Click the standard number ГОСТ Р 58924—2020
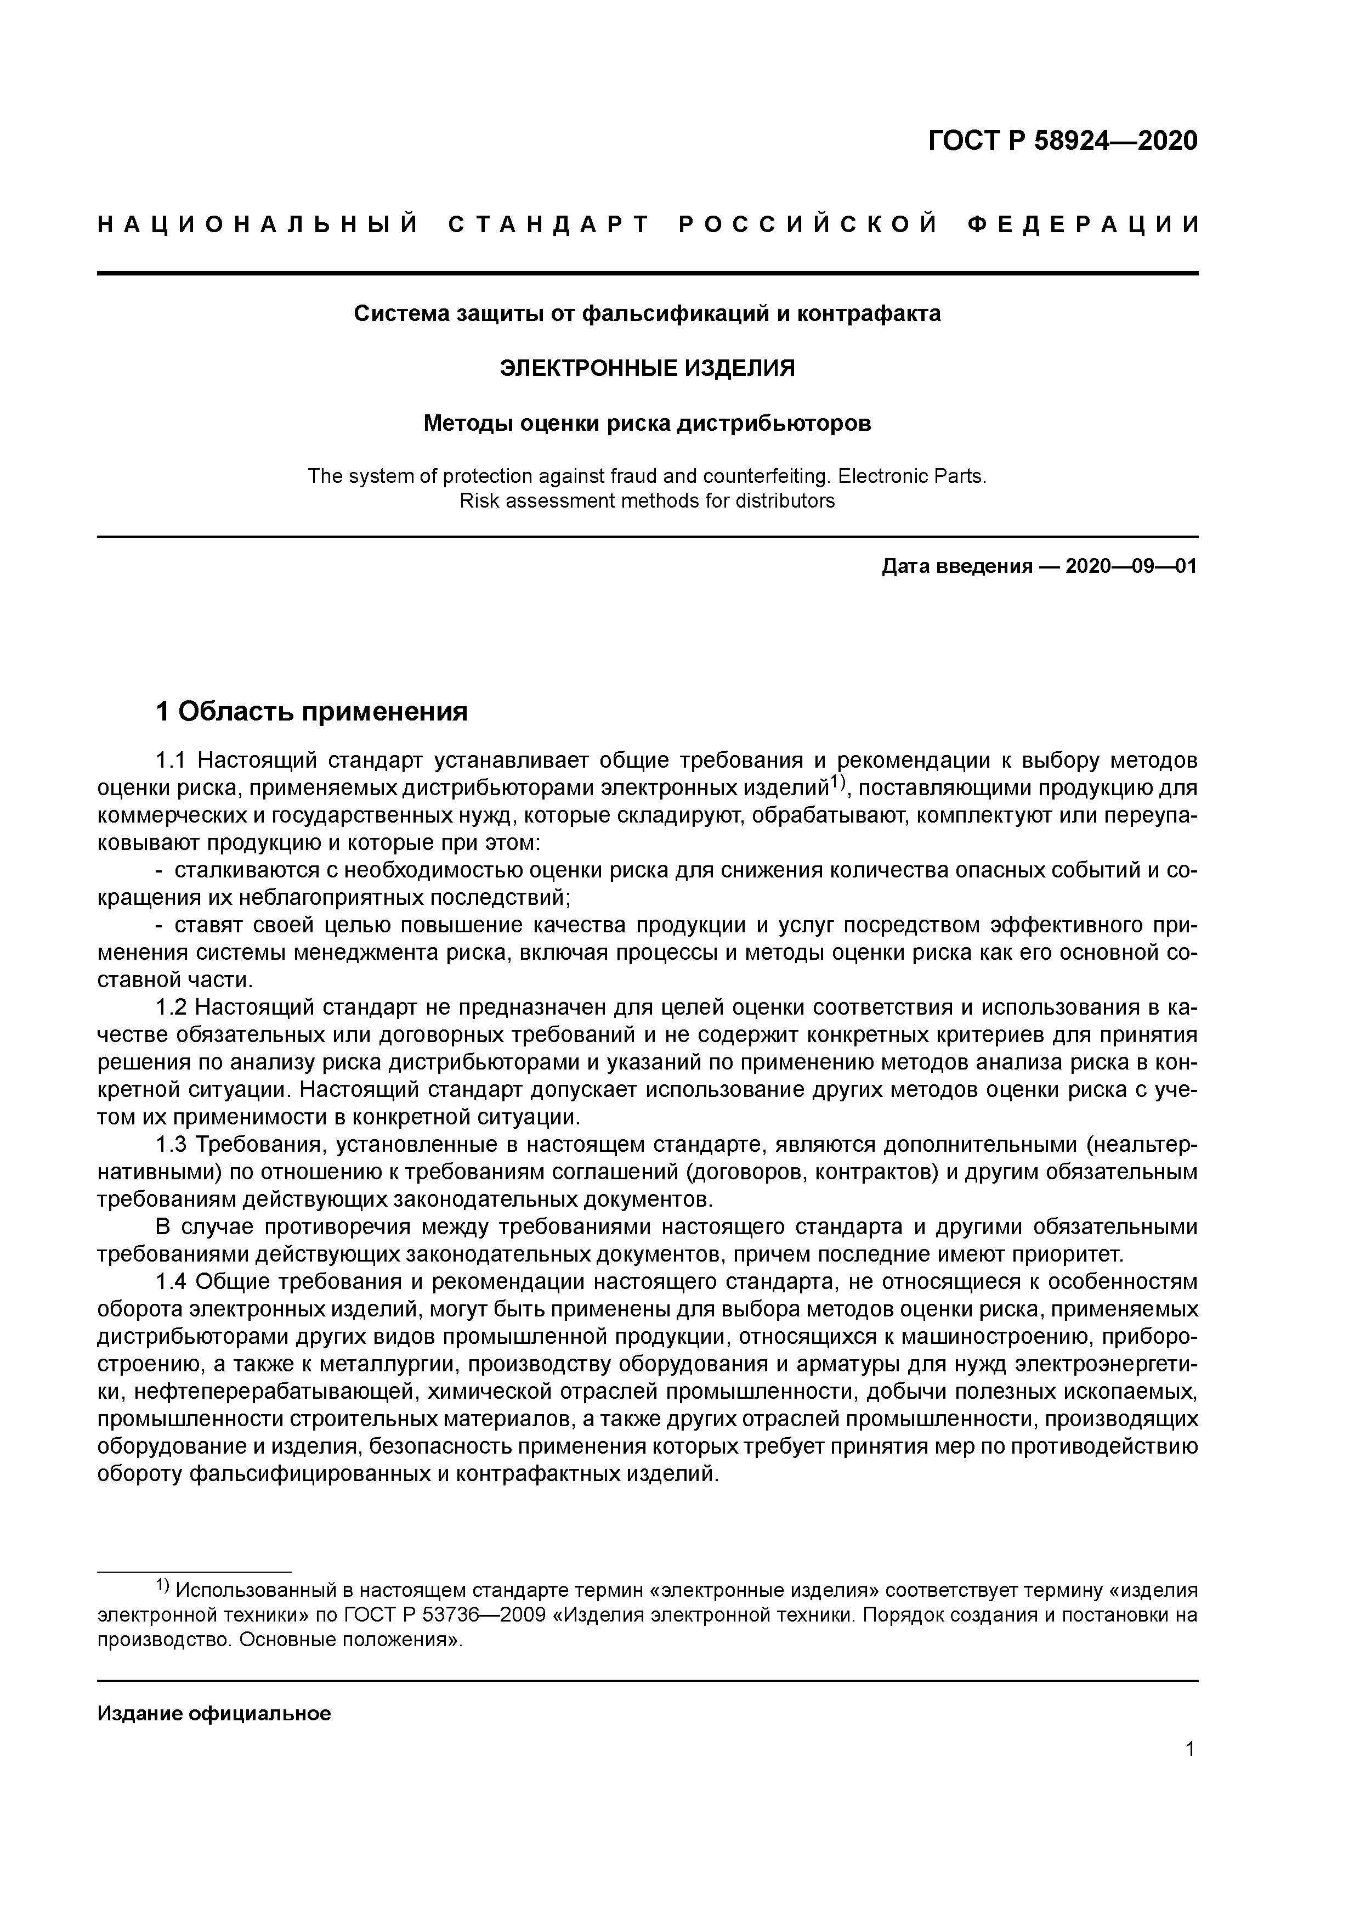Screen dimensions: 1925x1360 tap(1063, 141)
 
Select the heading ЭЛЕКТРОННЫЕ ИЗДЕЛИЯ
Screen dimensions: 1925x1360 tap(647, 368)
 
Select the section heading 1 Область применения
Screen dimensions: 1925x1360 tap(311, 712)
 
